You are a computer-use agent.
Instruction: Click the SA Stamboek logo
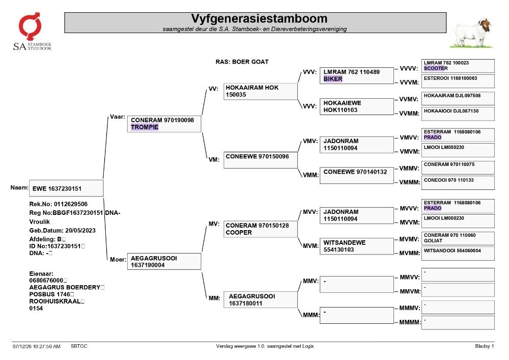32,32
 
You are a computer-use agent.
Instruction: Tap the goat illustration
471,33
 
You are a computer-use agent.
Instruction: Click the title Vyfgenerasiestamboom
259,18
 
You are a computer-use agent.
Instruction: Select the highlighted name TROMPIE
145,127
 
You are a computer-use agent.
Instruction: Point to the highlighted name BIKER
333,79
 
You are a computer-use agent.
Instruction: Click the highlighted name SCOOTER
436,69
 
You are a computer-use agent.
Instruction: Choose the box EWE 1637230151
66,188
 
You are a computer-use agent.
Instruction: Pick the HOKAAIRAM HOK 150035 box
260,91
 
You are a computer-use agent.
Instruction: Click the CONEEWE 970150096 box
260,160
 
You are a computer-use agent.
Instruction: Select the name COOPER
239,232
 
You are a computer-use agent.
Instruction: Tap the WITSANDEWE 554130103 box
356,246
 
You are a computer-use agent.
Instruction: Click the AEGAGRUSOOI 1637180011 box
260,299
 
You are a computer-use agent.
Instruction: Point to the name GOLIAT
433,241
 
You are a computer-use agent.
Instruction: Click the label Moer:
118,259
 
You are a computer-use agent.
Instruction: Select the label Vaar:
118,117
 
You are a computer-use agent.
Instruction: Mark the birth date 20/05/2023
80,231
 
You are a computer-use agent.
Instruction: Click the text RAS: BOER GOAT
242,62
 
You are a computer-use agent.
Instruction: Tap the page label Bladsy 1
485,346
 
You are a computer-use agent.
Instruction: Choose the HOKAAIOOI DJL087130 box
458,114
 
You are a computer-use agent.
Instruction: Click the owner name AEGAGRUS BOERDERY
65,287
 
